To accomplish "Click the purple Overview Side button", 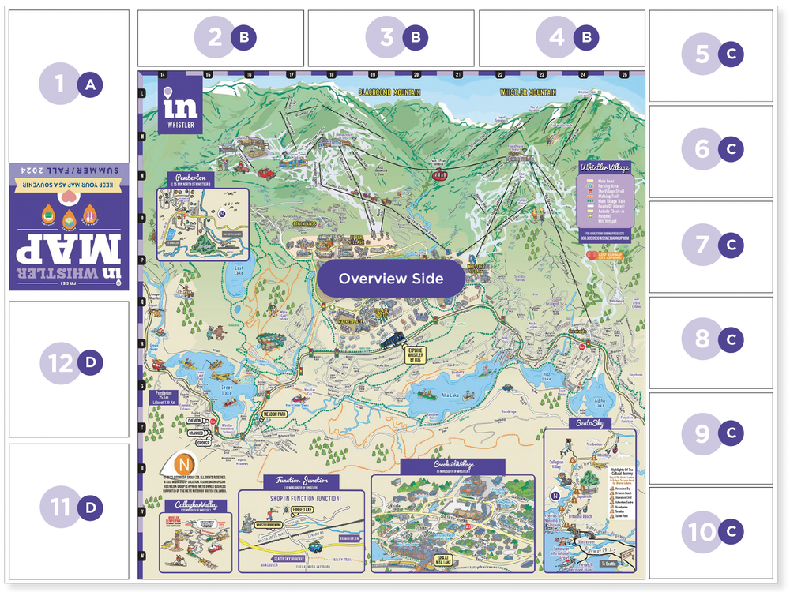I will [x=390, y=279].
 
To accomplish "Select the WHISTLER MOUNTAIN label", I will [x=529, y=92].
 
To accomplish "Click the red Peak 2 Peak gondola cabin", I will [x=435, y=174].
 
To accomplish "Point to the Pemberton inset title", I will [x=191, y=179].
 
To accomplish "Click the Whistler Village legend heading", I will [x=604, y=167].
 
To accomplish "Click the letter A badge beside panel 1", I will [x=89, y=84].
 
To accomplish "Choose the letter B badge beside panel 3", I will [x=415, y=37].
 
